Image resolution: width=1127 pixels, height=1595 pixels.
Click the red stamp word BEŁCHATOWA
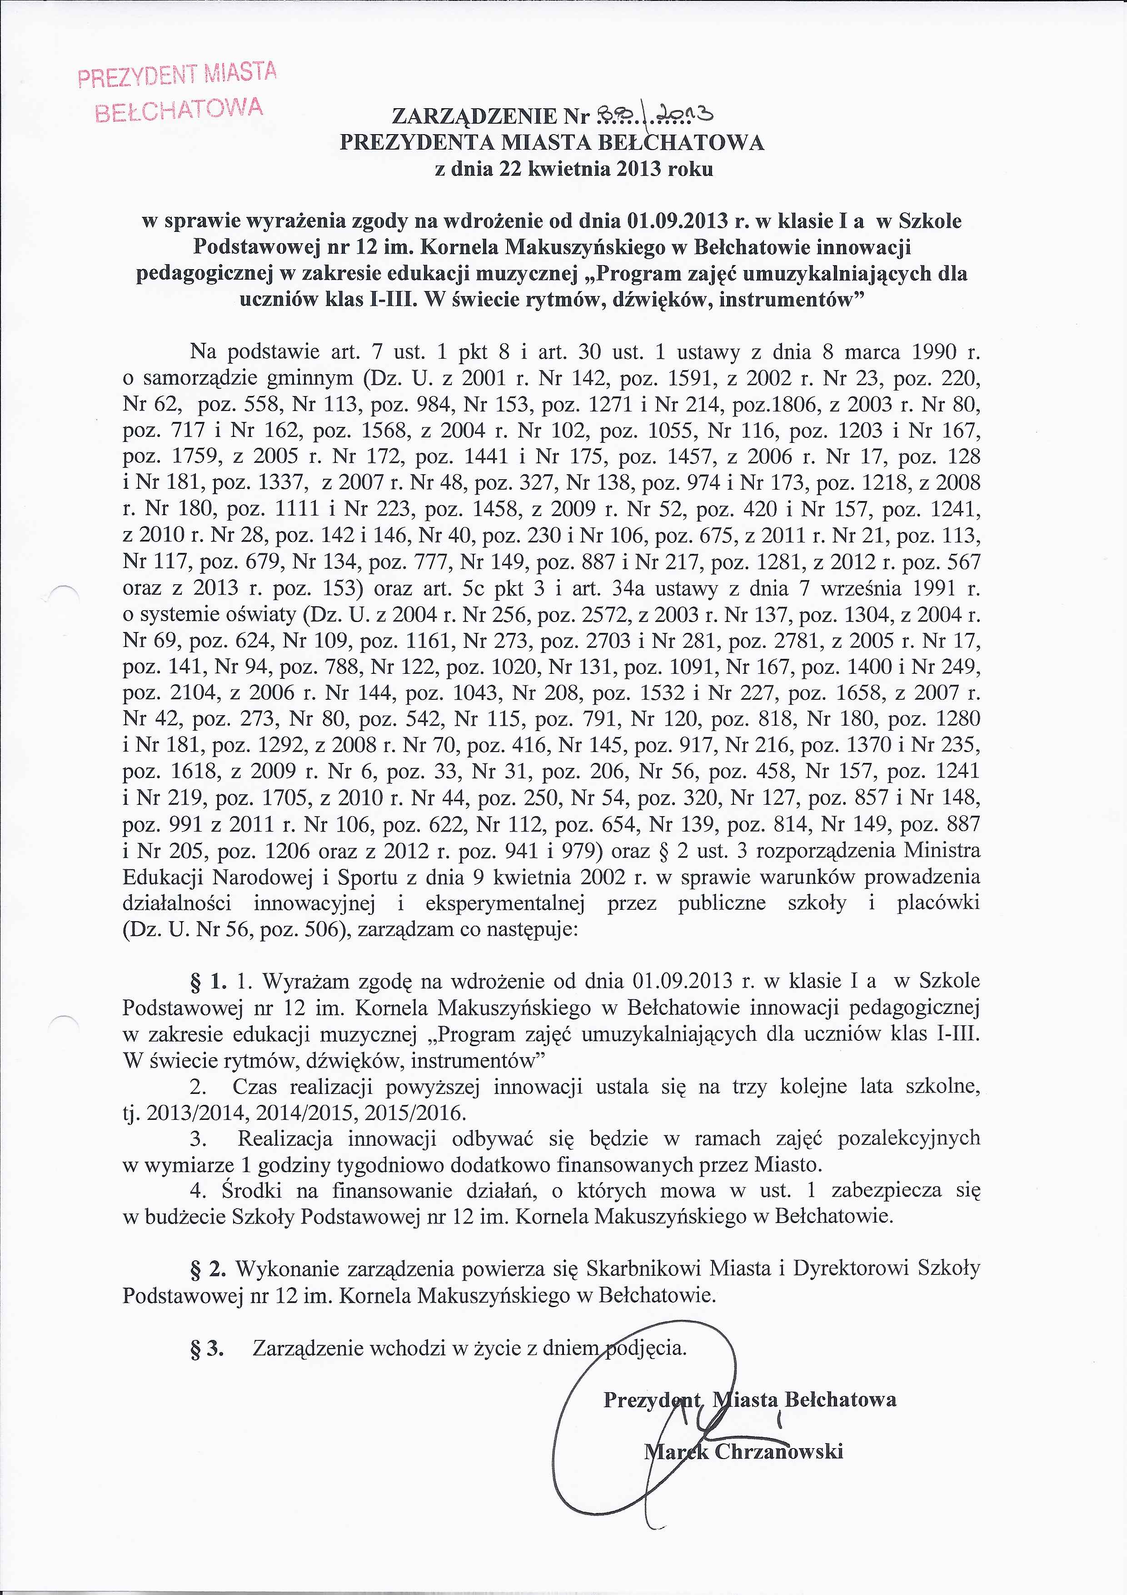pyautogui.click(x=179, y=108)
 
